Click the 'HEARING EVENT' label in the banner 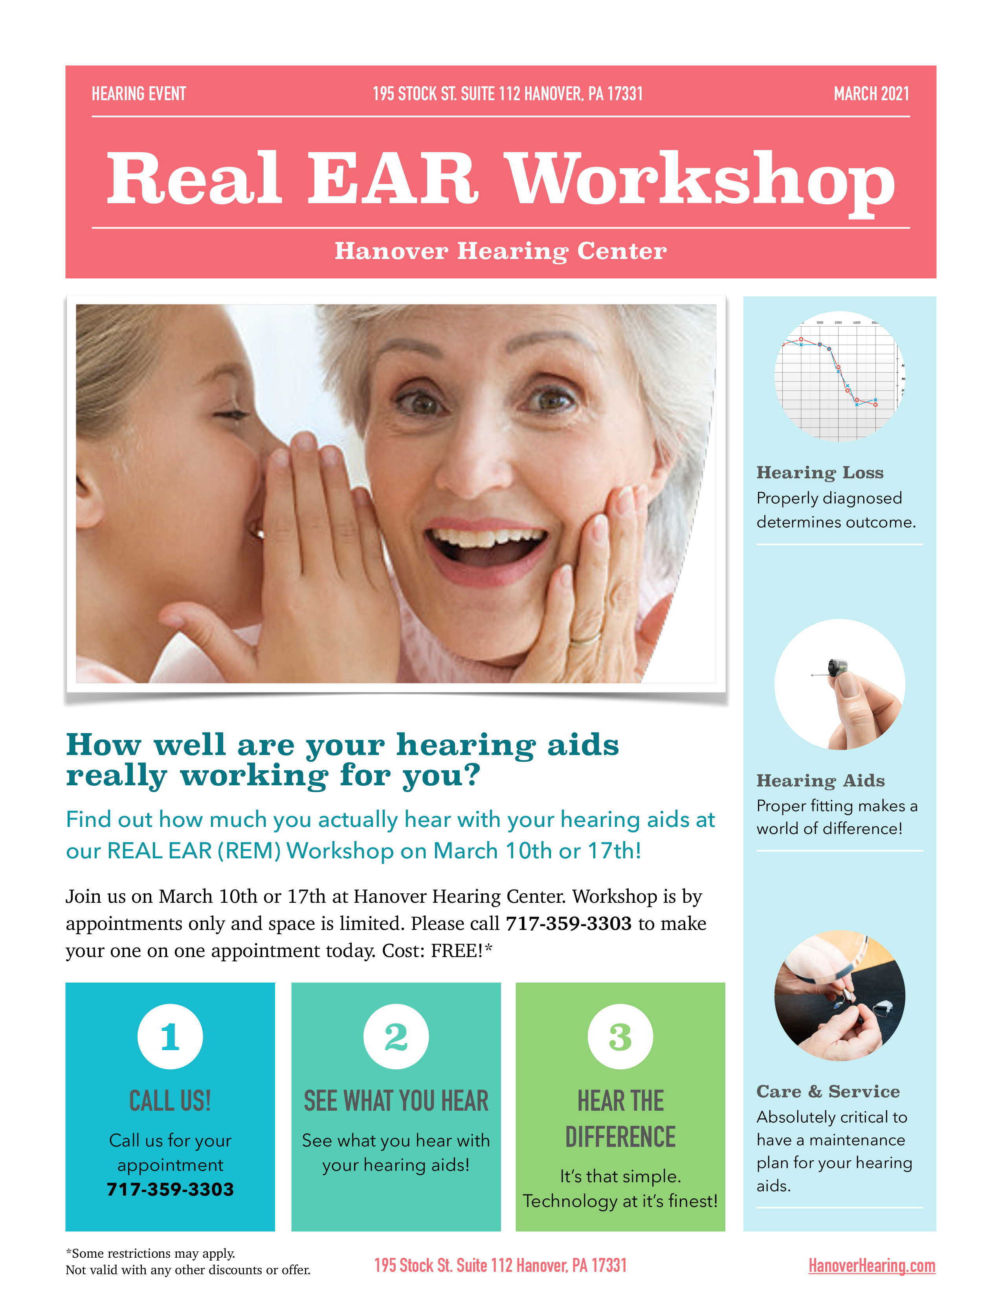click(x=139, y=94)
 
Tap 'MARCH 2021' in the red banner click(x=872, y=94)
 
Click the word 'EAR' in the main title click(x=393, y=178)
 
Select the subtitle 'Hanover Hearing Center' click(x=500, y=251)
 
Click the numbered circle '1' click(x=171, y=1037)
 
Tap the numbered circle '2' click(x=396, y=1037)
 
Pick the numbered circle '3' click(x=620, y=1037)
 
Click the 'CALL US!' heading click(x=171, y=1100)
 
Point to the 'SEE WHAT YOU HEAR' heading click(x=396, y=1100)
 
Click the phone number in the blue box click(x=171, y=1190)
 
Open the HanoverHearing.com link click(x=872, y=1266)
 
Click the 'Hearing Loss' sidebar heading click(x=820, y=473)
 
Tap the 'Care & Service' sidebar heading click(x=828, y=1091)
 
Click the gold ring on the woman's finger click(x=585, y=639)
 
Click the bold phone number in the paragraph click(x=569, y=924)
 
